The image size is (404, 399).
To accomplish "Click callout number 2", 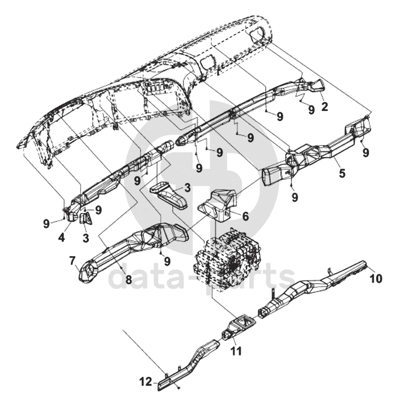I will point(324,107).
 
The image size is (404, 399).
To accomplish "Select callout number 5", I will point(342,174).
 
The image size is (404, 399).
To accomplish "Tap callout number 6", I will point(245,217).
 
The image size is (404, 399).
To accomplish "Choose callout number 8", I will point(128,279).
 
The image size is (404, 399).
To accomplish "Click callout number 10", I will point(375,278).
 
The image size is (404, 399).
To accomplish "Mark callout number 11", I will point(236,350).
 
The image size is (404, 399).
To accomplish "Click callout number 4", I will point(61,238).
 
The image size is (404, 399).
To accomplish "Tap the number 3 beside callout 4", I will point(86,238).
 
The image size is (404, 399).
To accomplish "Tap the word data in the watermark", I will point(137,278).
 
